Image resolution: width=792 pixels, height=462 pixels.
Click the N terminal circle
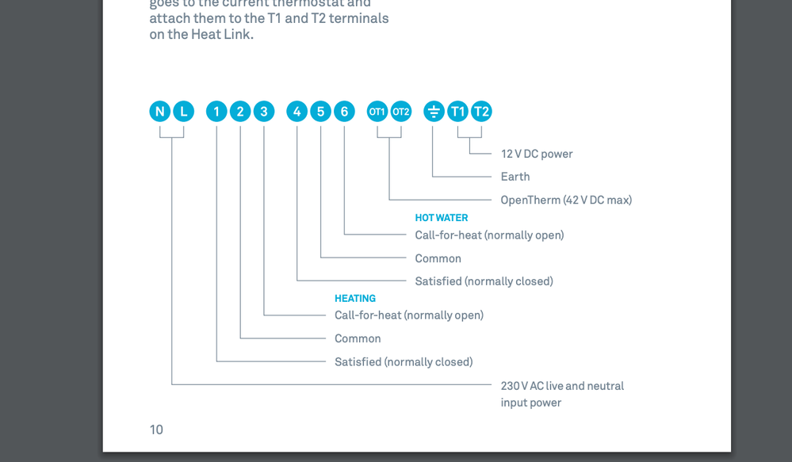160,112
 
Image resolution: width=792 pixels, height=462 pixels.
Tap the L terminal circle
183,112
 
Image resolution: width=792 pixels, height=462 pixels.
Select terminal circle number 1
216,112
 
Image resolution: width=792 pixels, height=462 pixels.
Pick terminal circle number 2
240,112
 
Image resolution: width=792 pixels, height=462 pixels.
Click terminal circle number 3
264,112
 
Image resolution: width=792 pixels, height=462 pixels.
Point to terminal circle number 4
297,112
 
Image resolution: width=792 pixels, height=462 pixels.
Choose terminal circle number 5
321,112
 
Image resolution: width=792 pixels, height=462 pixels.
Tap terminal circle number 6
344,112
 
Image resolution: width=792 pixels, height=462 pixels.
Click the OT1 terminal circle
377,112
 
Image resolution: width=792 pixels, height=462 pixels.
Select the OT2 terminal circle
401,112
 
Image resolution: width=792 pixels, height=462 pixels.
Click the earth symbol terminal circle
434,112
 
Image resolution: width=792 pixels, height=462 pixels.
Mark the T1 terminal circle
457,112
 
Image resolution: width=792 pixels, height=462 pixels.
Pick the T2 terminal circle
481,112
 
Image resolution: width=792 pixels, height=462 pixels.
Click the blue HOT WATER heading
442,218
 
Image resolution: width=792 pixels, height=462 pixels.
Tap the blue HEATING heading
355,299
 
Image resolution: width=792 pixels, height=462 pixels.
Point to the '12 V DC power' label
537,154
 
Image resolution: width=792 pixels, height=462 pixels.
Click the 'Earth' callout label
515,177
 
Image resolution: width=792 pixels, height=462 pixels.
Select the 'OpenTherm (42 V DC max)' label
566,200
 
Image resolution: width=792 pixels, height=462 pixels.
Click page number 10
156,430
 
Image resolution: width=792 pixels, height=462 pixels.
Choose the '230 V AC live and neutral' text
562,386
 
